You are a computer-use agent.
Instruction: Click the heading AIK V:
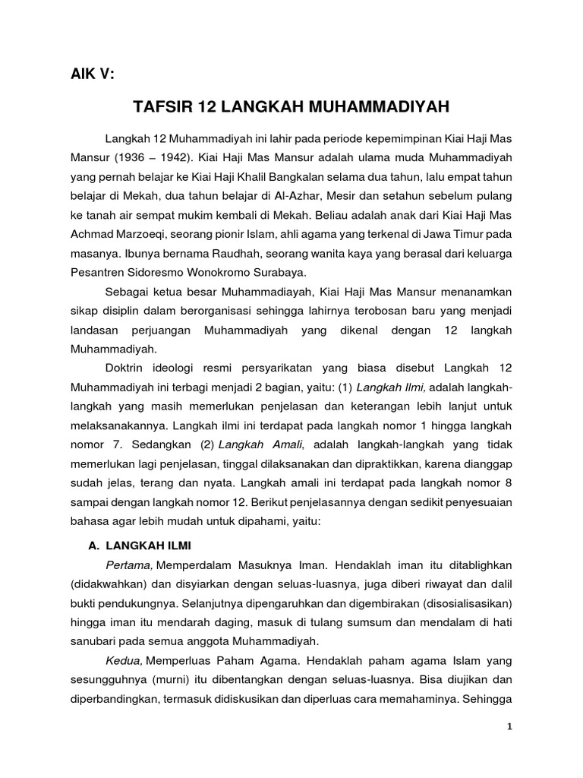click(x=91, y=74)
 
